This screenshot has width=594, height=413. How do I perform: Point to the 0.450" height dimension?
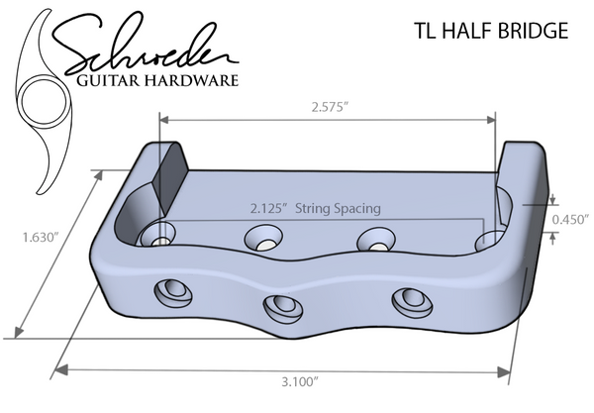point(571,219)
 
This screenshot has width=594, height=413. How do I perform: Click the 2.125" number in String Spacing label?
point(267,209)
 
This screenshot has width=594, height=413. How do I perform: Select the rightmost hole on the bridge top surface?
point(489,242)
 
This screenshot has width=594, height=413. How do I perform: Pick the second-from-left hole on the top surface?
point(263,238)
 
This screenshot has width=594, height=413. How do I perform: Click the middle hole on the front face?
point(283,306)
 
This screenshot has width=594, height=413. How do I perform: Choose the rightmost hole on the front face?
point(407,300)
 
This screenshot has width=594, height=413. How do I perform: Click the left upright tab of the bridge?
point(169,178)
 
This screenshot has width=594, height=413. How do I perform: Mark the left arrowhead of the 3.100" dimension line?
point(59,369)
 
